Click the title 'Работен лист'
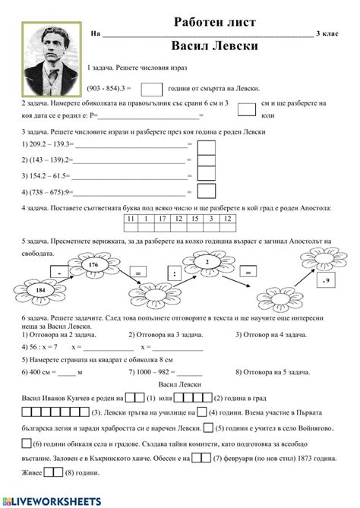[215, 22]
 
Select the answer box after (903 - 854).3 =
[152, 89]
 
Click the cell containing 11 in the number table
[131, 219]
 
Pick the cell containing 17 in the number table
[163, 219]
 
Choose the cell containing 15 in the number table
[194, 219]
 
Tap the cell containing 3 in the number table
[210, 219]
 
